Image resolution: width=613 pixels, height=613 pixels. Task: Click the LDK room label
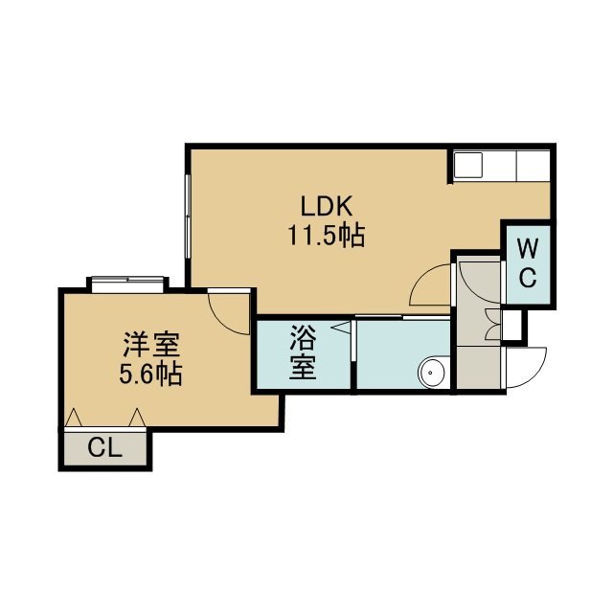tap(327, 206)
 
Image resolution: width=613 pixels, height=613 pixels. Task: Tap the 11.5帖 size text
tap(327, 235)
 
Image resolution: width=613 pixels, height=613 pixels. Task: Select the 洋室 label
tap(151, 345)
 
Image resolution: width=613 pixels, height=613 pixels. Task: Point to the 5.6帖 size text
tap(150, 374)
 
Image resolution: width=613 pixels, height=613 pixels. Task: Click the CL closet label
tap(104, 448)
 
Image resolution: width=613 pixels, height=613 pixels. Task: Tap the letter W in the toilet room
tap(528, 247)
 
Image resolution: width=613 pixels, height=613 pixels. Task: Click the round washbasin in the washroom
tap(432, 373)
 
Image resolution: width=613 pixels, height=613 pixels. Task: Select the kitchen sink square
tap(468, 165)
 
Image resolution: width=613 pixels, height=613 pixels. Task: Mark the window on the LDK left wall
tap(188, 216)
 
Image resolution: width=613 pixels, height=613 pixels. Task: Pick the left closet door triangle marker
tap(73, 418)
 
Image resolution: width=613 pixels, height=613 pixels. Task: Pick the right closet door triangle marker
tap(137, 418)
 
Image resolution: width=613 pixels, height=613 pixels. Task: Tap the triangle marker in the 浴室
tap(341, 328)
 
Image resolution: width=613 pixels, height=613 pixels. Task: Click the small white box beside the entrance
tap(511, 325)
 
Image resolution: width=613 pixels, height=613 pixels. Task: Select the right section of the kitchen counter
tap(534, 165)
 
